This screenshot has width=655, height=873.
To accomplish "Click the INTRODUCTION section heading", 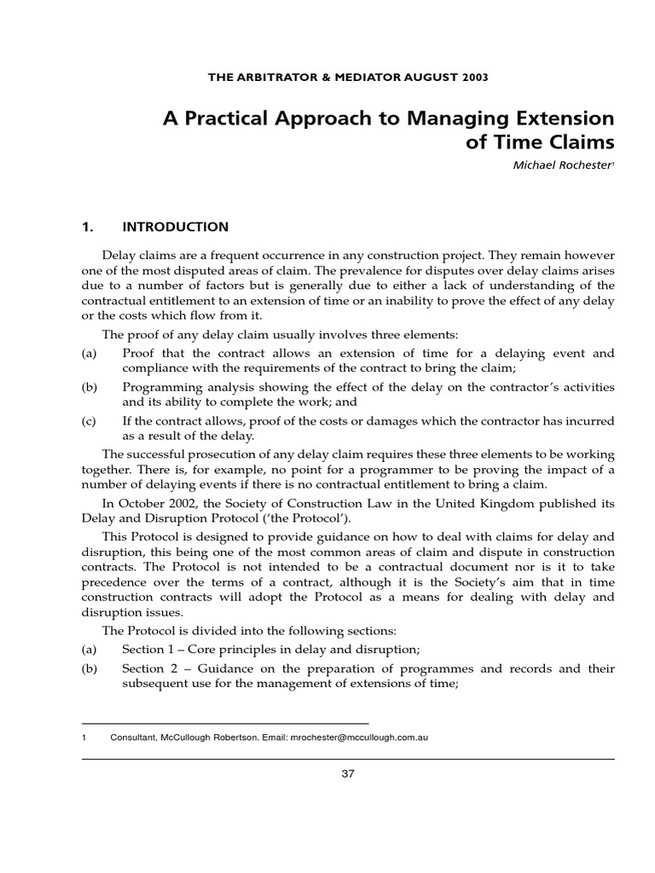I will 176,227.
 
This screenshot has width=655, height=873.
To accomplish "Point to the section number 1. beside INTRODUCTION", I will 86,227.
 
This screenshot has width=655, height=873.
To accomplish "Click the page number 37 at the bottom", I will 347,773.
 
